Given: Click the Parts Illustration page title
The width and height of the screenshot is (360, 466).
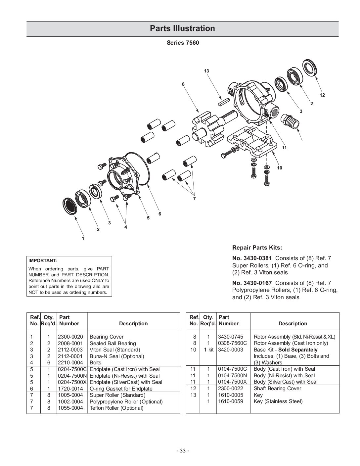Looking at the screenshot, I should (x=182, y=28).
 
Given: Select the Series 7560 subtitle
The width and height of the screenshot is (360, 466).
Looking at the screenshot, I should (x=183, y=43).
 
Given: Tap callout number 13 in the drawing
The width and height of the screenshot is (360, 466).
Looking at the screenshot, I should (x=206, y=71).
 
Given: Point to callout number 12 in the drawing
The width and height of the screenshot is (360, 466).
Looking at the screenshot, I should (x=322, y=95).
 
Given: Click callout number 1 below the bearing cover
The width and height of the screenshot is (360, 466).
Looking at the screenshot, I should (x=83, y=238).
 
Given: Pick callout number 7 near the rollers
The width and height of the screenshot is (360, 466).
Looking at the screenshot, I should (x=194, y=199).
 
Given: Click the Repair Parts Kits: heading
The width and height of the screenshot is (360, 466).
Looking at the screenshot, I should (x=257, y=248).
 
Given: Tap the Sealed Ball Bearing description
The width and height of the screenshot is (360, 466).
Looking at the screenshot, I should (x=113, y=343).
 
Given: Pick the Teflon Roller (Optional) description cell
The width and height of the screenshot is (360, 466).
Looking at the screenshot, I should (x=116, y=408).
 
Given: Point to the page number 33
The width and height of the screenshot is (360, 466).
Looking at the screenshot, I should (x=182, y=451).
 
